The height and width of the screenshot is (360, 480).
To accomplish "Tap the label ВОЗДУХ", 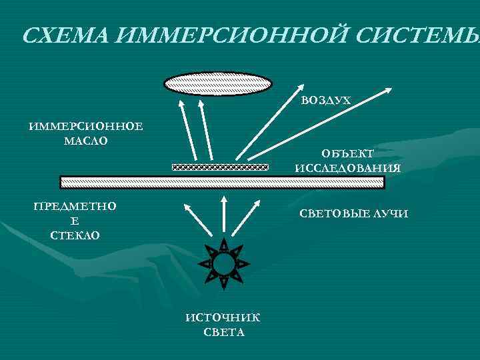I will point(325,101).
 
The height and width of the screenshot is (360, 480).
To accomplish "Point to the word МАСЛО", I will point(85,141).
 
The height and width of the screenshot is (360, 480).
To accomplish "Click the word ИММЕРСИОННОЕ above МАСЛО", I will point(85,127).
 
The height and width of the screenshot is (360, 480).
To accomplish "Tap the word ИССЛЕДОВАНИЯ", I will point(347,168).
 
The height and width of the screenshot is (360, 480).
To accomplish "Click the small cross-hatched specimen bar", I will point(220,167).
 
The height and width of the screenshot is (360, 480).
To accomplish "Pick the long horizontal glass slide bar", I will point(222,182).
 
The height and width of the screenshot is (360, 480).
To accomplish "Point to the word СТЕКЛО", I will point(75,235).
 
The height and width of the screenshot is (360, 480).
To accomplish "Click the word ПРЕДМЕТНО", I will point(75,207).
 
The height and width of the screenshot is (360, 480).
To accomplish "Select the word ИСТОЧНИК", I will point(223,318).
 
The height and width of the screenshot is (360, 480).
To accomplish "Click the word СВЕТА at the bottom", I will point(223,332).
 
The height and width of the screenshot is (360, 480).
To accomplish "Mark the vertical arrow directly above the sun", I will point(224,217).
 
